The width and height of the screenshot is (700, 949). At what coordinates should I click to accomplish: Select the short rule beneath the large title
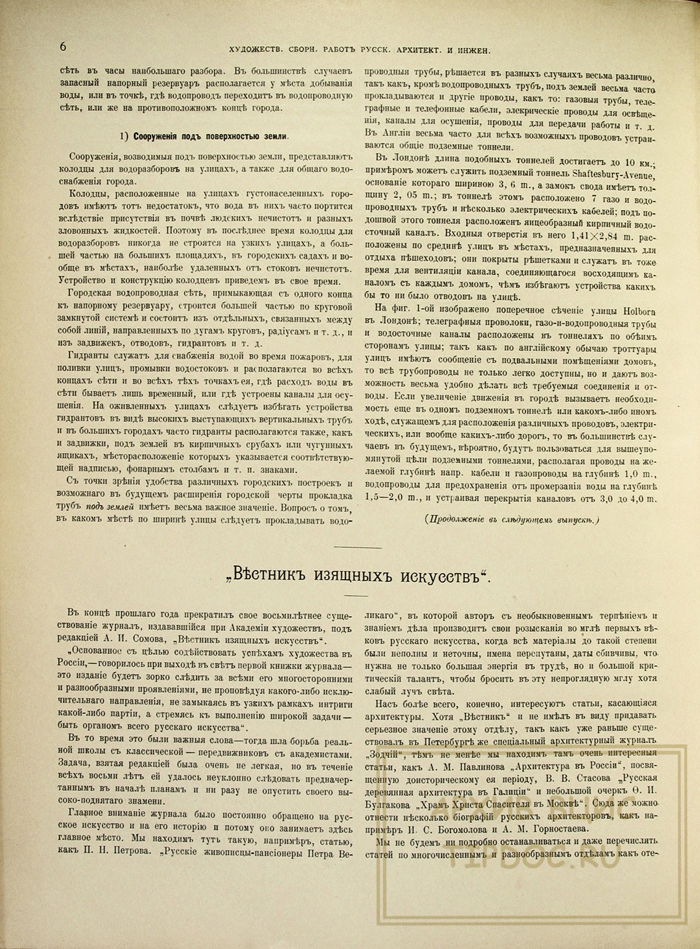tap(355, 596)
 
